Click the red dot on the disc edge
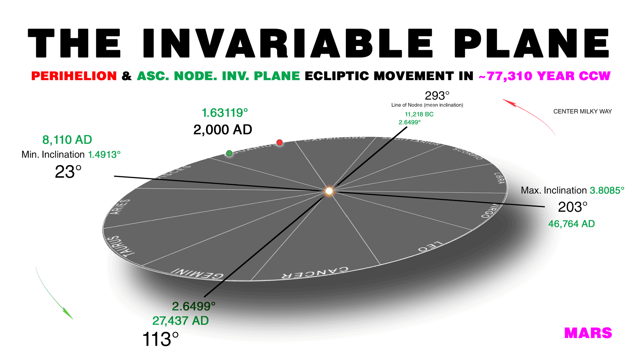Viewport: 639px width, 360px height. [280, 143]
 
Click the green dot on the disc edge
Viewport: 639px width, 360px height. [229, 153]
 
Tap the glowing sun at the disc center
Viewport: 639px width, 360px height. [329, 191]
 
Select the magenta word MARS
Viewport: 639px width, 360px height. [588, 333]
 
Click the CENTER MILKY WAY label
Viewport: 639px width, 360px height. [582, 111]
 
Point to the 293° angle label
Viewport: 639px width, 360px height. [437, 96]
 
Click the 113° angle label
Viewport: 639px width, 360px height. [160, 339]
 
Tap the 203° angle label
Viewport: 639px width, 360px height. [572, 207]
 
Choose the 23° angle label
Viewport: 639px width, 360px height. [68, 172]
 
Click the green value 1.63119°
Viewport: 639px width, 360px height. [225, 113]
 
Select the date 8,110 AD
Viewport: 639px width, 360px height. [67, 140]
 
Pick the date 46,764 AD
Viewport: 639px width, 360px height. [571, 224]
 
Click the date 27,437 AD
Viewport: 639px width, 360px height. [180, 321]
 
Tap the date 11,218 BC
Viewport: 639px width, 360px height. [419, 114]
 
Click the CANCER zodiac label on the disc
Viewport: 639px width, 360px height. [315, 273]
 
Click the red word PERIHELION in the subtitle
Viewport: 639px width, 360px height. [74, 76]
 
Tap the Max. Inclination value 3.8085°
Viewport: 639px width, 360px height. [607, 190]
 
